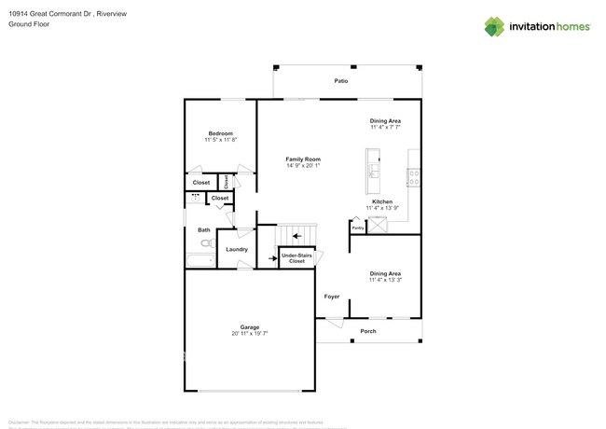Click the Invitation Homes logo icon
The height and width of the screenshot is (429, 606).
[494, 27]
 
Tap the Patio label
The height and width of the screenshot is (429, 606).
[341, 81]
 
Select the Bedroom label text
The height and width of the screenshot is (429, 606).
[221, 133]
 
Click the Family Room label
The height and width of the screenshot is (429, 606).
[303, 159]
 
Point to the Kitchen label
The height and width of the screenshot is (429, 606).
[382, 201]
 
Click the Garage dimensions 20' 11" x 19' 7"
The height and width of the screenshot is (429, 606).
[250, 333]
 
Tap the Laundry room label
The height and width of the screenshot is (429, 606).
[237, 249]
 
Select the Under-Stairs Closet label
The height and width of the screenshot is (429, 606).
[296, 257]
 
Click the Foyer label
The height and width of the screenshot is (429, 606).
[332, 297]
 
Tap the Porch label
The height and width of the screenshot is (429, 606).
[368, 330]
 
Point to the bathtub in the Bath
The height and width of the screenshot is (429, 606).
[200, 260]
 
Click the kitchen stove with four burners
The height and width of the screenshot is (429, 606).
[413, 177]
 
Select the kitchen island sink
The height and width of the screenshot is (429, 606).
[374, 171]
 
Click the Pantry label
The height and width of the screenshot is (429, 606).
[357, 227]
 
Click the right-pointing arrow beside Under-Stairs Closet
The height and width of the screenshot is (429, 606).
[271, 257]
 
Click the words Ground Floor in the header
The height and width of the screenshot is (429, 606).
[29, 24]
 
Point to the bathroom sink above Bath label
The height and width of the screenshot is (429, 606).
[196, 198]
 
